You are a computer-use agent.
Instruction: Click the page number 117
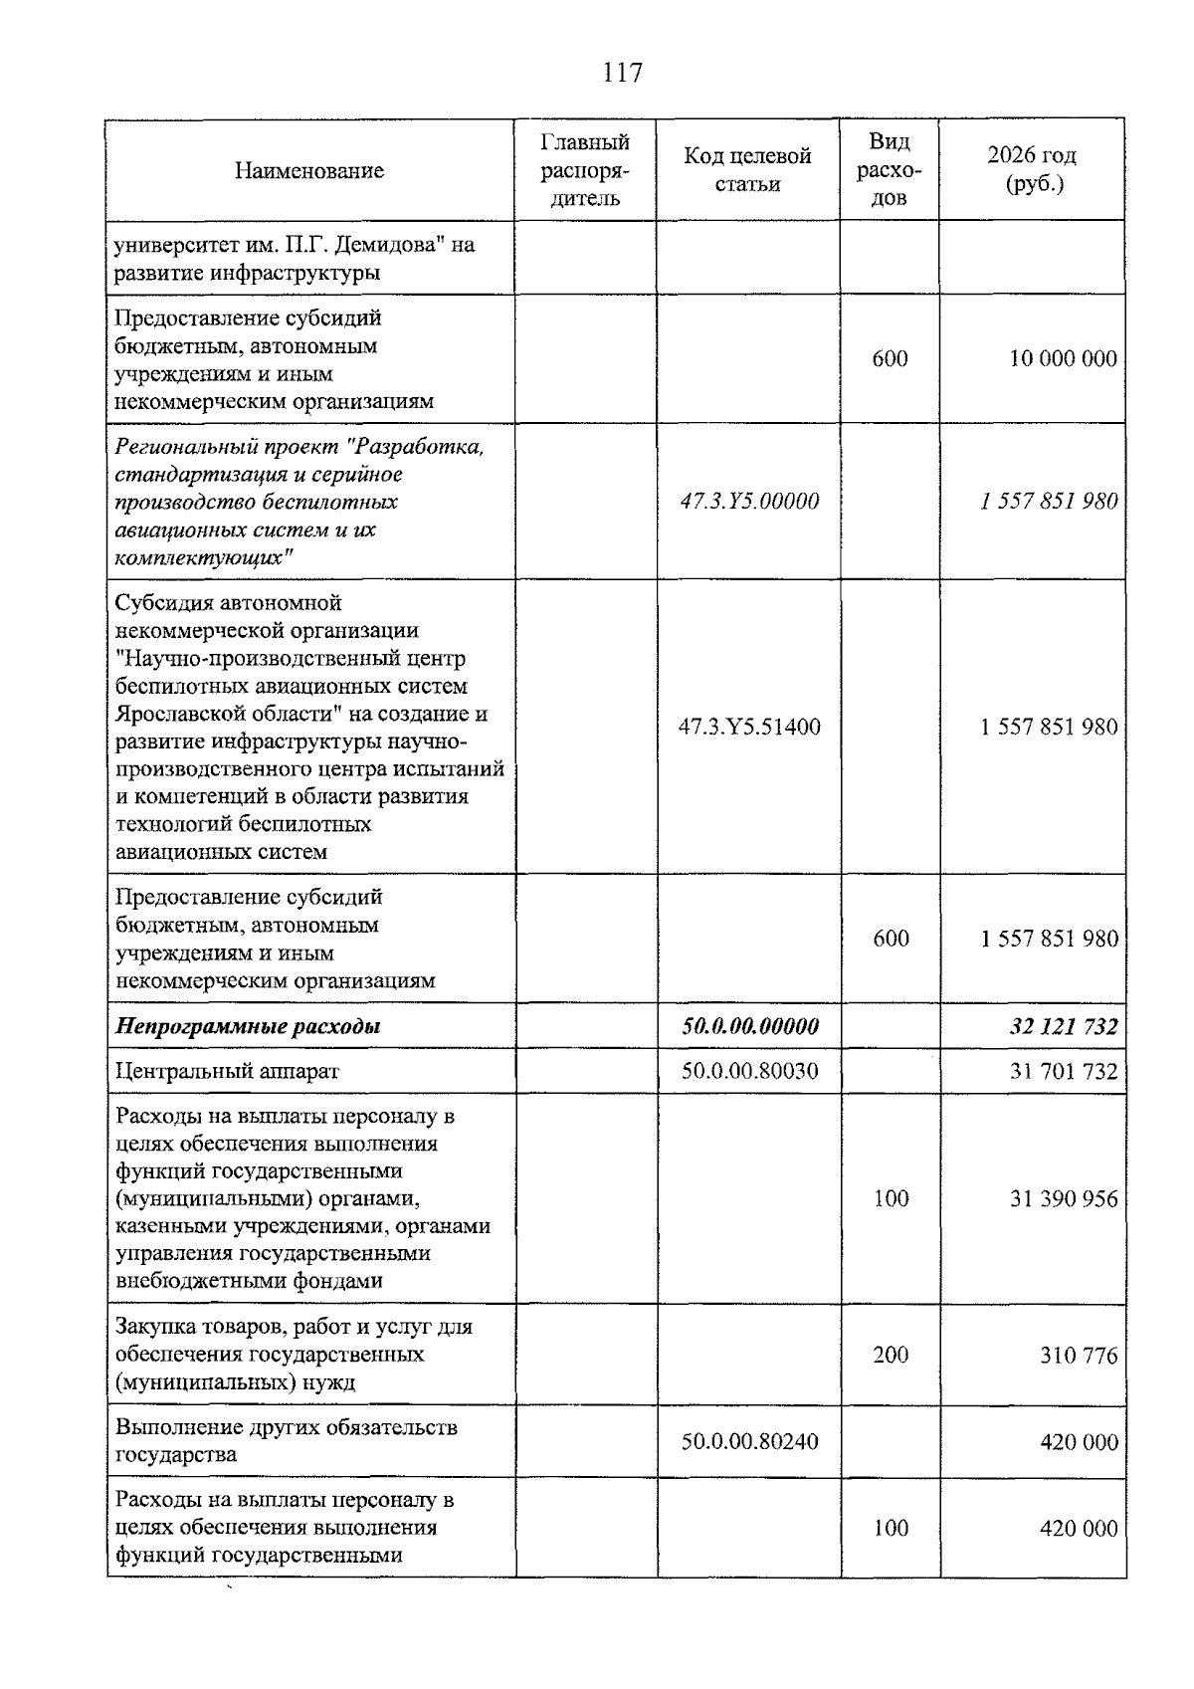pyautogui.click(x=623, y=73)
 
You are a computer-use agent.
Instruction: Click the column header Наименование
pyautogui.click(x=309, y=170)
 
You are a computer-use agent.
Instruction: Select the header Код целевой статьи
pyautogui.click(x=747, y=169)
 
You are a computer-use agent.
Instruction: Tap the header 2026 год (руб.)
pyautogui.click(x=1032, y=169)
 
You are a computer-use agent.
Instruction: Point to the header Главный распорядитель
pyautogui.click(x=585, y=169)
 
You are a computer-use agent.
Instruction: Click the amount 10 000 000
pyautogui.click(x=1063, y=358)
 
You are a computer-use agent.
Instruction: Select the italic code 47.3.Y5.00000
pyautogui.click(x=749, y=501)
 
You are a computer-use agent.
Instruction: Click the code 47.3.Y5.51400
pyautogui.click(x=749, y=727)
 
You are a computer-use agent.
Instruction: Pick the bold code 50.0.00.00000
pyautogui.click(x=750, y=1026)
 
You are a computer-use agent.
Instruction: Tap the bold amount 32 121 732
pyautogui.click(x=1064, y=1026)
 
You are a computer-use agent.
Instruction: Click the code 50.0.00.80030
pyautogui.click(x=749, y=1071)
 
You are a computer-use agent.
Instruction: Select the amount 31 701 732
pyautogui.click(x=1064, y=1071)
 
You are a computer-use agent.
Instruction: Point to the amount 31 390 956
pyautogui.click(x=1064, y=1199)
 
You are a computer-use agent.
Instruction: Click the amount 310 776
pyautogui.click(x=1079, y=1356)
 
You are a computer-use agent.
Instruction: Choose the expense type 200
pyautogui.click(x=891, y=1355)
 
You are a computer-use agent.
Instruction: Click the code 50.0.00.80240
pyautogui.click(x=749, y=1441)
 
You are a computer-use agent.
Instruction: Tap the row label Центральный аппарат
pyautogui.click(x=228, y=1071)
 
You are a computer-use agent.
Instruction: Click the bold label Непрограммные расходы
pyautogui.click(x=249, y=1026)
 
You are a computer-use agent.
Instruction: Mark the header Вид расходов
pyautogui.click(x=890, y=169)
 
